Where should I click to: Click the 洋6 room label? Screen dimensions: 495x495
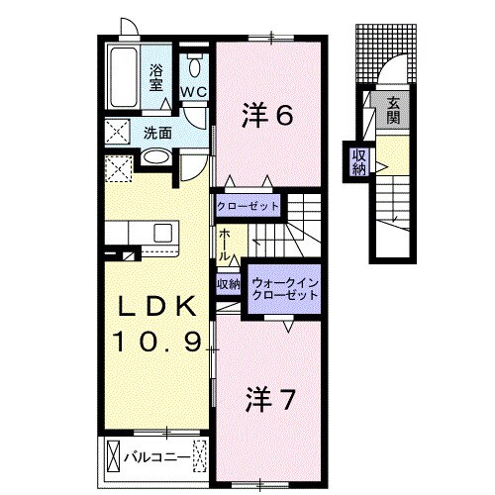(267, 115)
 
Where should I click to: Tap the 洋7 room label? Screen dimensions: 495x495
(269, 400)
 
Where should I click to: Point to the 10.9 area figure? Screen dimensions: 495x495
(156, 341)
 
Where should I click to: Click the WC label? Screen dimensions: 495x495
(194, 92)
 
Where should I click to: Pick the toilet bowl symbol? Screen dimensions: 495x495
(194, 66)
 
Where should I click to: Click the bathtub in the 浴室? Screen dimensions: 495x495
(123, 77)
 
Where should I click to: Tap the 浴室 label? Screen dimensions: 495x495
(156, 78)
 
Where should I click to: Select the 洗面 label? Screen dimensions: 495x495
(157, 133)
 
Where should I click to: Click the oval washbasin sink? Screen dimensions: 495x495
(156, 156)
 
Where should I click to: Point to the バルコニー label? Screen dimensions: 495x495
(157, 457)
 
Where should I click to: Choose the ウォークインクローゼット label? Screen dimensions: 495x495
(284, 289)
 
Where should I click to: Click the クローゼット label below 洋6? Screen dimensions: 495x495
(247, 207)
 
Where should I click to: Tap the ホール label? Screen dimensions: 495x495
(225, 245)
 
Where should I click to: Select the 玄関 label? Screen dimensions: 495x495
(393, 111)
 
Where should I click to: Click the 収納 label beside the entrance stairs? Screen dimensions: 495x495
(359, 162)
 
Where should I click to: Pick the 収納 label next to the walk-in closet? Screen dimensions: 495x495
(228, 284)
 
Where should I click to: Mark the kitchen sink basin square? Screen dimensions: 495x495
(163, 233)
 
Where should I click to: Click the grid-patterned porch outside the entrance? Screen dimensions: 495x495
(386, 53)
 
